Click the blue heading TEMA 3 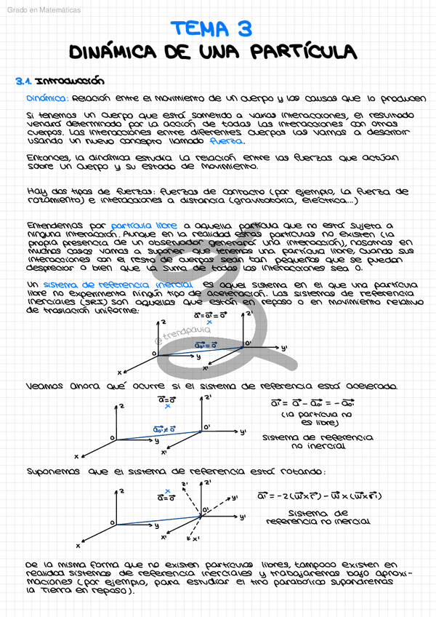click(x=211, y=29)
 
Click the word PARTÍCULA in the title click(x=304, y=52)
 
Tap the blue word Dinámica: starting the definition click(x=47, y=98)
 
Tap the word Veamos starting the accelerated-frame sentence click(x=46, y=386)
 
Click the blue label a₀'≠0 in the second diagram click(x=165, y=429)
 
